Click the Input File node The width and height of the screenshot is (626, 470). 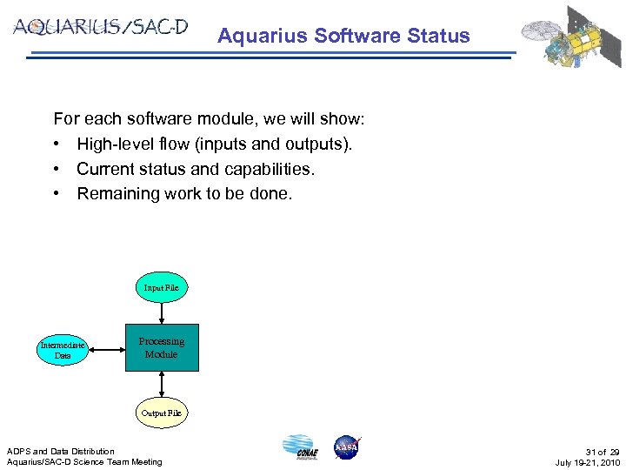pos(161,287)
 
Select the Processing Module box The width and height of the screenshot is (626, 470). pos(162,348)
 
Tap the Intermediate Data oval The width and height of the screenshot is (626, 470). pos(63,351)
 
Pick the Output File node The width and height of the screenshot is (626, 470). pos(161,412)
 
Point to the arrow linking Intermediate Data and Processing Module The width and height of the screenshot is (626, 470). pos(105,349)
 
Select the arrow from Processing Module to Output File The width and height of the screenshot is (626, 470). pos(161,385)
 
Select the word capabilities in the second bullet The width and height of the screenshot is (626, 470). pos(270,169)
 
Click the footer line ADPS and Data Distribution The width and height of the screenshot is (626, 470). pos(61,451)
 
